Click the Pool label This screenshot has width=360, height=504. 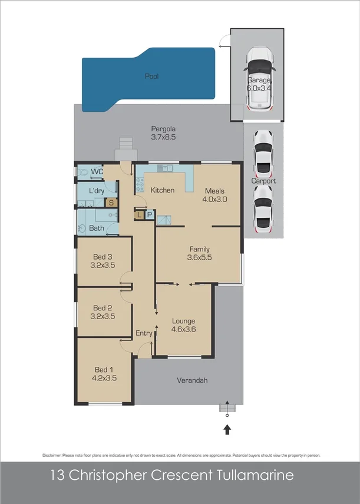pos(152,77)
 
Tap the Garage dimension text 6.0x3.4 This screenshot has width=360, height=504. pos(259,88)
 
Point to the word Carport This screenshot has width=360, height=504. pos(263,181)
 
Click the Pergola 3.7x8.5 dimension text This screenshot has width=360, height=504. pos(163,137)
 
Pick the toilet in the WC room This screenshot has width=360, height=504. pos(83,172)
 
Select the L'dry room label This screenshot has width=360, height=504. pos(97,191)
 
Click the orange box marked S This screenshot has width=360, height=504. pos(111,202)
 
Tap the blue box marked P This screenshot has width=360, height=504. pos(149,215)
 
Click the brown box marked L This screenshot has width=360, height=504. pos(138,215)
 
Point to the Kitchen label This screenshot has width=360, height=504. pos(162,190)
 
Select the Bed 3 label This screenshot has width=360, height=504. pos(103,257)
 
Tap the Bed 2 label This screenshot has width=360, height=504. pos(103,308)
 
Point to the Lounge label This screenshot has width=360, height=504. pos(183,321)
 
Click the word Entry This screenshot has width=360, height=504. pos(144,333)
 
